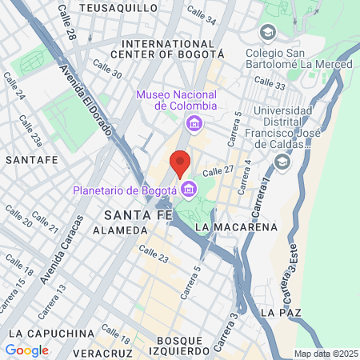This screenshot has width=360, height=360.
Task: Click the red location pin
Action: [x=180, y=162]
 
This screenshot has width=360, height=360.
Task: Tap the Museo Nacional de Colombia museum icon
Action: [x=193, y=124]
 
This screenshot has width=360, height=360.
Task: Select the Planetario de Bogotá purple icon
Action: [x=189, y=190]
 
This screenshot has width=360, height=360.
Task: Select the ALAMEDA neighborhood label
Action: [x=120, y=230]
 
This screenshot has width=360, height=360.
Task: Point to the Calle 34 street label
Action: [x=201, y=14]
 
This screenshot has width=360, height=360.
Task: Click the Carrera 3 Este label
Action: [x=292, y=272]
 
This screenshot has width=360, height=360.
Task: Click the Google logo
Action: [x=26, y=350]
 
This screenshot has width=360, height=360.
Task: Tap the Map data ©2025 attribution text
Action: [x=325, y=354]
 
